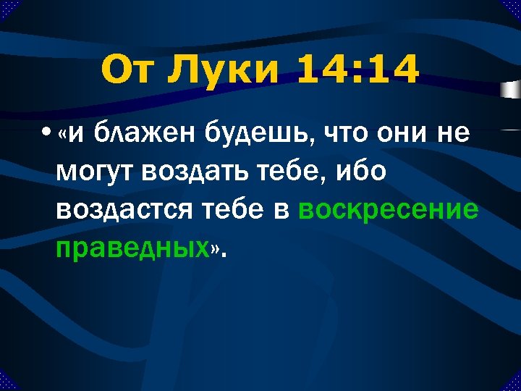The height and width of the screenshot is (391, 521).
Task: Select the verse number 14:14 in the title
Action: coord(358,71)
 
